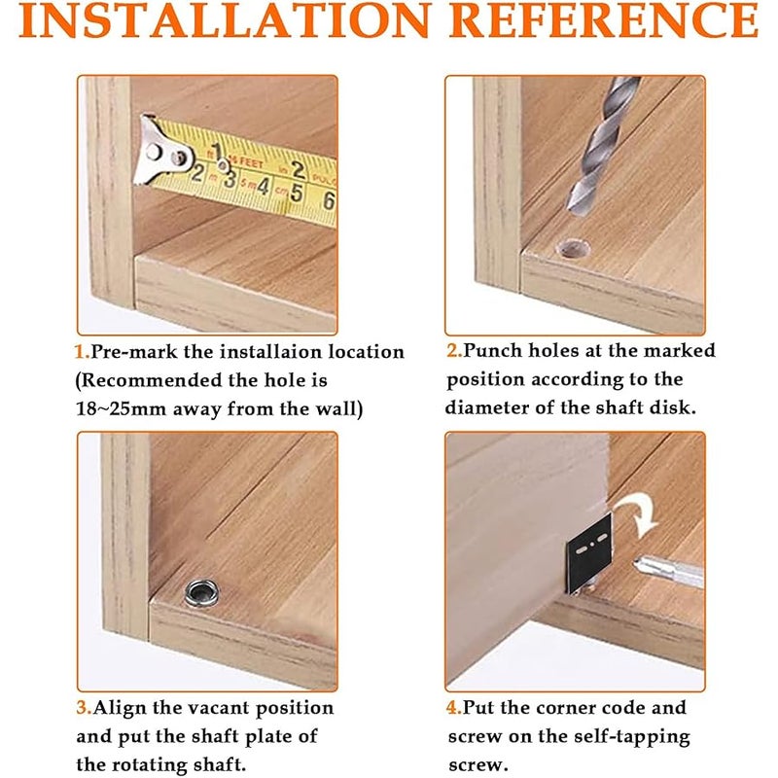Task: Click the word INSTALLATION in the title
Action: click(224, 19)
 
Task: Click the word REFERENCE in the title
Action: click(604, 19)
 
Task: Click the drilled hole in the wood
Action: click(575, 249)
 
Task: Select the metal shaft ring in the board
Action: click(202, 593)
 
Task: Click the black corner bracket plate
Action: click(589, 553)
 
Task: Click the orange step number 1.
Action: click(82, 352)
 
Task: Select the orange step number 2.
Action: click(454, 351)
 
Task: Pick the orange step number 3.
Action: click(84, 708)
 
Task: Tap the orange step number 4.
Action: click(454, 708)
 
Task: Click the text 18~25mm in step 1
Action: click(121, 408)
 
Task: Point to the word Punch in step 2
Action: click(492, 351)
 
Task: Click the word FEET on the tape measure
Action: click(252, 162)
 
